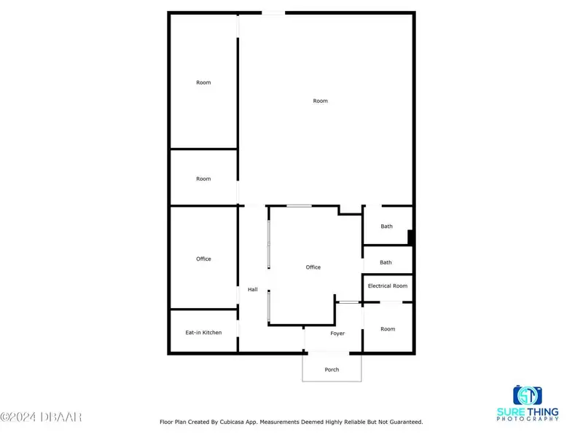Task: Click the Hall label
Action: pyautogui.click(x=252, y=289)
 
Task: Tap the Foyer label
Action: pyautogui.click(x=337, y=334)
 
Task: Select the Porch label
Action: pyautogui.click(x=332, y=369)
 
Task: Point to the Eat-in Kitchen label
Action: pyautogui.click(x=203, y=332)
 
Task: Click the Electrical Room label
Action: pyautogui.click(x=388, y=286)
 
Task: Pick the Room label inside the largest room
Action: pyautogui.click(x=320, y=101)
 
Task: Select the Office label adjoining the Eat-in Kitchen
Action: pyautogui.click(x=203, y=259)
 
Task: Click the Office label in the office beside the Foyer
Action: pyautogui.click(x=313, y=267)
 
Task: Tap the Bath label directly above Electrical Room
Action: pyautogui.click(x=386, y=262)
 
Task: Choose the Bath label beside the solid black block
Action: pyautogui.click(x=386, y=226)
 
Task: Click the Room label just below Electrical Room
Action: pyautogui.click(x=388, y=329)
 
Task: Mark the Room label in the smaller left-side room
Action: pyautogui.click(x=203, y=178)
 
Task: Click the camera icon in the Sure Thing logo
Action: pyautogui.click(x=527, y=395)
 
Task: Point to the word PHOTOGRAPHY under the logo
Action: pyautogui.click(x=528, y=419)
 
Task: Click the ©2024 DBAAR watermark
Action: pyautogui.click(x=41, y=417)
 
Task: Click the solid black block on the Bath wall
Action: pyautogui.click(x=411, y=237)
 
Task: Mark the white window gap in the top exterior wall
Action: pyautogui.click(x=273, y=13)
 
